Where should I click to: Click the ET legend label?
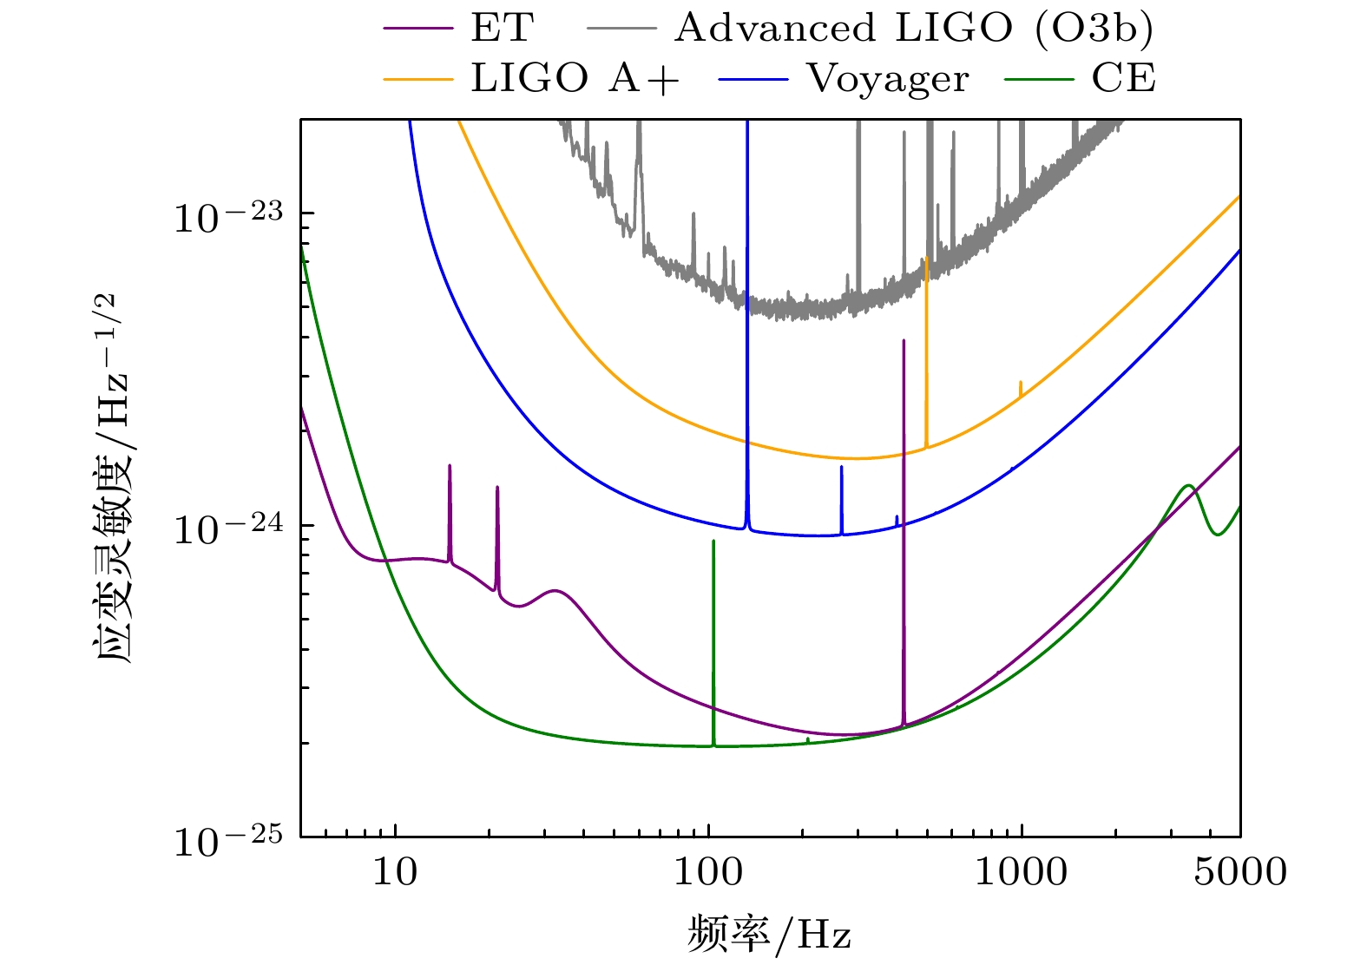pyautogui.click(x=501, y=28)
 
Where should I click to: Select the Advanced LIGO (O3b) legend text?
pyautogui.click(x=914, y=28)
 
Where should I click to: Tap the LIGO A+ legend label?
pyautogui.click(x=575, y=79)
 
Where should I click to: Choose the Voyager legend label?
pyautogui.click(x=888, y=79)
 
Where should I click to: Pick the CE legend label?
pyautogui.click(x=1124, y=79)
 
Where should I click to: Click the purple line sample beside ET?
pyautogui.click(x=418, y=29)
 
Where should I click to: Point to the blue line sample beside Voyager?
pyautogui.click(x=753, y=80)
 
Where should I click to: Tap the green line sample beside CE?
pyautogui.click(x=1039, y=80)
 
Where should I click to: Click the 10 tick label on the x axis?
pyautogui.click(x=396, y=871)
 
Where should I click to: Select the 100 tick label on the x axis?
pyautogui.click(x=709, y=871)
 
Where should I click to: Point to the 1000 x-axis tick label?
pyautogui.click(x=1021, y=871)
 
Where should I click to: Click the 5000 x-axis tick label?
pyautogui.click(x=1240, y=871)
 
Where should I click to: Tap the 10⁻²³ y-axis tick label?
pyautogui.click(x=228, y=216)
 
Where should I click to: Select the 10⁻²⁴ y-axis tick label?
pyautogui.click(x=228, y=528)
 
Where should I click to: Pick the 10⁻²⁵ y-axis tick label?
pyautogui.click(x=228, y=839)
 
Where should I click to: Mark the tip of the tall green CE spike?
pyautogui.click(x=713, y=541)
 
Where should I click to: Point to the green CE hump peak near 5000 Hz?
pyautogui.click(x=1188, y=485)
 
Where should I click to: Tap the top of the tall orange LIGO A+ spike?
pyautogui.click(x=927, y=259)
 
